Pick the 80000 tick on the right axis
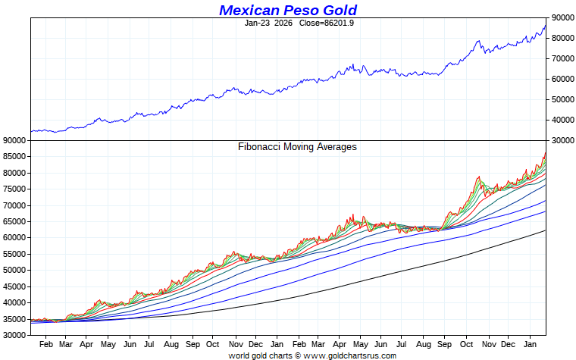pyautogui.click(x=562, y=38)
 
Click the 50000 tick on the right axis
pyautogui.click(x=562, y=99)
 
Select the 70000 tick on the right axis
pyautogui.click(x=562, y=58)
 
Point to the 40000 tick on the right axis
pyautogui.click(x=562, y=120)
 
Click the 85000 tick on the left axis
pyautogui.click(x=15, y=156)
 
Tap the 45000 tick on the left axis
pyautogui.click(x=15, y=286)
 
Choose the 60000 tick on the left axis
pyautogui.click(x=15, y=237)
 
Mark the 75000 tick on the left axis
pyautogui.click(x=15, y=189)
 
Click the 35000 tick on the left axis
pyautogui.click(x=15, y=318)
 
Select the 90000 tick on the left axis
pyautogui.click(x=15, y=139)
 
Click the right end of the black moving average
pyautogui.click(x=545, y=230)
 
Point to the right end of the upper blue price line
pyautogui.click(x=545, y=26)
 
